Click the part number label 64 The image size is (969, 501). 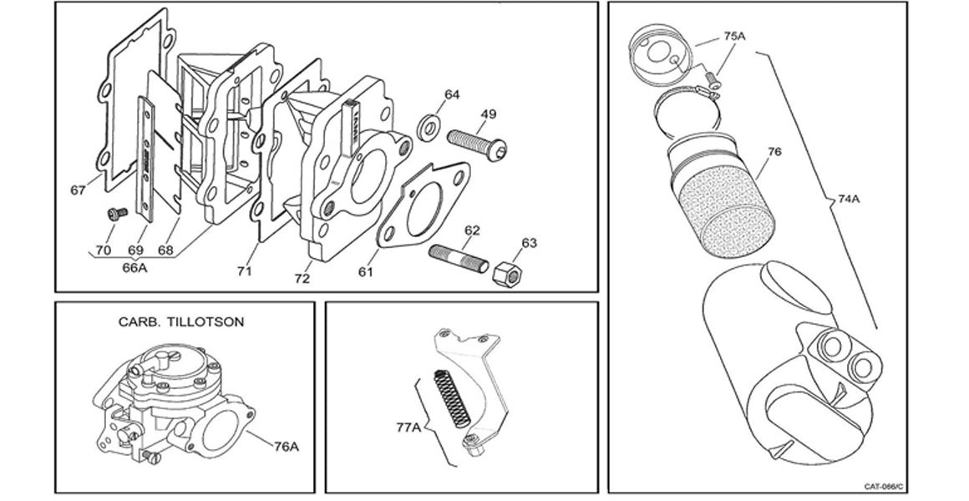pos(452,95)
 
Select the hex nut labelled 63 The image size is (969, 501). pos(505,273)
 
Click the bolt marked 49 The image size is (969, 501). pos(477,141)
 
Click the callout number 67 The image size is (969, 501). pos(79,191)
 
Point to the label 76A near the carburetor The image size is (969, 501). pos(286,447)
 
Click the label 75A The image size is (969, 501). pos(734,37)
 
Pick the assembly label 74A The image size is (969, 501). pos(850,200)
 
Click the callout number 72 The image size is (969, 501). pos(302,278)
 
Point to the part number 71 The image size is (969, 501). pos(243,271)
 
